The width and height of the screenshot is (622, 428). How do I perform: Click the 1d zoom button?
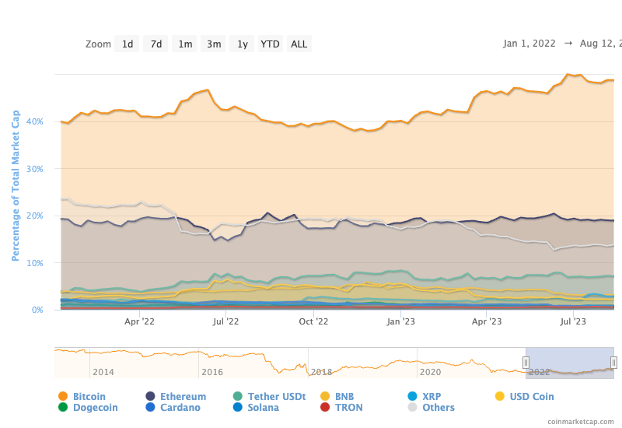pyautogui.click(x=128, y=44)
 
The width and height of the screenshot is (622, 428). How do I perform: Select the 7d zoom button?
pyautogui.click(x=156, y=44)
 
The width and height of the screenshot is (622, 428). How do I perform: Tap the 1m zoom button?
pyautogui.click(x=185, y=44)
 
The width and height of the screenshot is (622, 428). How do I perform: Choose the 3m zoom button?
pyautogui.click(x=214, y=44)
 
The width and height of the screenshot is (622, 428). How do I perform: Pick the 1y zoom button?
pyautogui.click(x=243, y=44)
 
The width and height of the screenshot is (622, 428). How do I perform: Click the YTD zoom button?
pyautogui.click(x=270, y=44)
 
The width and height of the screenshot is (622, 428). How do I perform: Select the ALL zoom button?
pyautogui.click(x=299, y=44)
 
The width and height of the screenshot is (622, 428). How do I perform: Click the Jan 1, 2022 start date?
pyautogui.click(x=529, y=44)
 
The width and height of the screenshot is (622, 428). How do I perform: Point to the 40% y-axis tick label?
pyautogui.click(x=35, y=121)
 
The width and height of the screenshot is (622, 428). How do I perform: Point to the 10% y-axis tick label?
pyautogui.click(x=35, y=263)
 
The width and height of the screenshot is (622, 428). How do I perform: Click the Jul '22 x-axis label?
pyautogui.click(x=225, y=320)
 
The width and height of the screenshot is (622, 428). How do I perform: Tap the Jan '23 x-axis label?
pyautogui.click(x=400, y=320)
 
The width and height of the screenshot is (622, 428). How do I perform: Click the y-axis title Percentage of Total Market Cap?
pyautogui.click(x=16, y=185)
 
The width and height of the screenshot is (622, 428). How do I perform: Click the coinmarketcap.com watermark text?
pyautogui.click(x=579, y=421)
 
